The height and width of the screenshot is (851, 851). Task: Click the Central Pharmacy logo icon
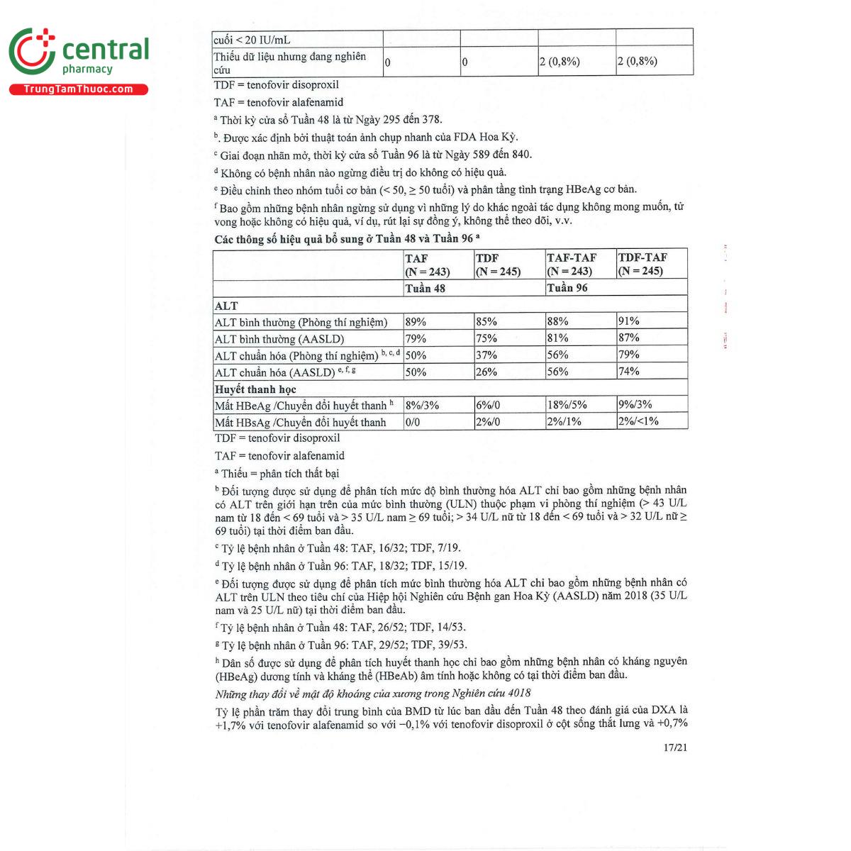tap(33, 51)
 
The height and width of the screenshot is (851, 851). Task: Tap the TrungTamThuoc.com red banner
tap(78, 89)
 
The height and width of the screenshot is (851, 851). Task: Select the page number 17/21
tap(675, 747)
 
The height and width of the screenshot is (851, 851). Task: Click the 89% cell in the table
tap(416, 322)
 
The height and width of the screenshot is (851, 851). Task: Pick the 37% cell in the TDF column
tap(486, 355)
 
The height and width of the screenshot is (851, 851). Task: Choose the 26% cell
tap(486, 372)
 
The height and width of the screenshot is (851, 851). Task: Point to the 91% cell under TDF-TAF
tap(629, 321)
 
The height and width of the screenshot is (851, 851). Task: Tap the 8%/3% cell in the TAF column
tap(422, 406)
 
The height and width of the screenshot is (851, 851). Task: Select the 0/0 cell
tap(413, 422)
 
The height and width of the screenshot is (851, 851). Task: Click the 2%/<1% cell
tap(638, 421)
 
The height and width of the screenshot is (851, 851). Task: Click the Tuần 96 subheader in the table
tap(567, 288)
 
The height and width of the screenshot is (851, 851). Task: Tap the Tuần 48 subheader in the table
tap(425, 289)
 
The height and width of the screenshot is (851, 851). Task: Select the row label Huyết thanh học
tap(256, 389)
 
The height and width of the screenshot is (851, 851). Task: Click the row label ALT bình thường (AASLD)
tap(279, 339)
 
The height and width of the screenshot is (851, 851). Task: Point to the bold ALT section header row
tap(227, 306)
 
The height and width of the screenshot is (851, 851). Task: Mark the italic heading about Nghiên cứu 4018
tap(373, 694)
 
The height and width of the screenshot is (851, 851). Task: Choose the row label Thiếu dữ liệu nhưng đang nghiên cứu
tap(290, 62)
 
